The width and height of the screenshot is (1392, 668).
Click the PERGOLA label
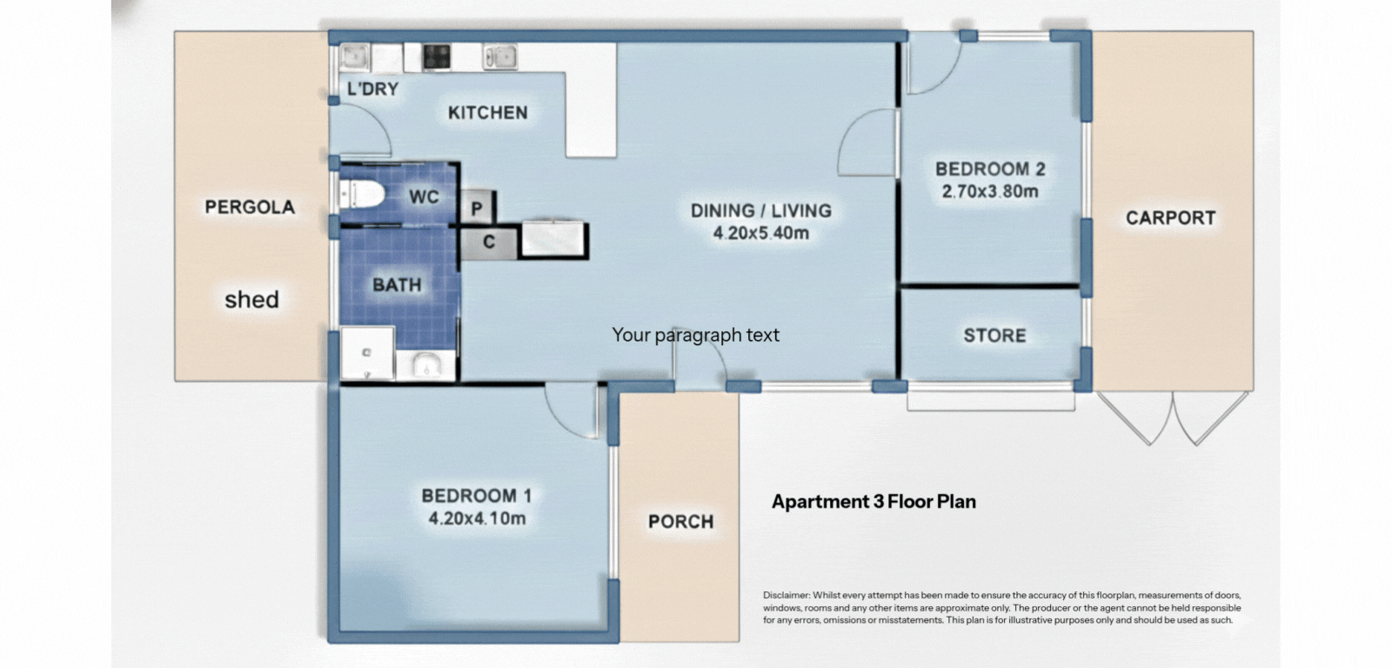pyautogui.click(x=250, y=207)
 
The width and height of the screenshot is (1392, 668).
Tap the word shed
pyautogui.click(x=251, y=300)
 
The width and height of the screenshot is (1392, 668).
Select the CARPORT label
pyautogui.click(x=1170, y=217)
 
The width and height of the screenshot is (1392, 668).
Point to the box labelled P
pyautogui.click(x=477, y=209)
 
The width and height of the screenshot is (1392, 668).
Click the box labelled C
pyautogui.click(x=489, y=242)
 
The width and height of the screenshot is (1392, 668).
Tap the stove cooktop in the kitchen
pyautogui.click(x=437, y=57)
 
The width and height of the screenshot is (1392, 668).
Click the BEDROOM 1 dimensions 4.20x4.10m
pyautogui.click(x=477, y=519)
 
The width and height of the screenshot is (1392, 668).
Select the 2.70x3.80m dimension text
pyautogui.click(x=990, y=191)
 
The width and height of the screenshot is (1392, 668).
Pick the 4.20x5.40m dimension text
pyautogui.click(x=760, y=233)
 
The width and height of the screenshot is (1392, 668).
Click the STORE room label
pyautogui.click(x=994, y=336)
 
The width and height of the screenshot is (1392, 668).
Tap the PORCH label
pyautogui.click(x=680, y=522)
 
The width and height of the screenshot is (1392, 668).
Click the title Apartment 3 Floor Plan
pyautogui.click(x=873, y=502)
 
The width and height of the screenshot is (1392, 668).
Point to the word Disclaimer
pyautogui.click(x=786, y=596)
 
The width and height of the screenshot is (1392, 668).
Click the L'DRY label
pyautogui.click(x=372, y=89)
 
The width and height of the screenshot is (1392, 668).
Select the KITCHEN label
pyautogui.click(x=487, y=112)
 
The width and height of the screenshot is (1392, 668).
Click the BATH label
pyautogui.click(x=397, y=284)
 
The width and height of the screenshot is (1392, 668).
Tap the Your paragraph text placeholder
pyautogui.click(x=695, y=335)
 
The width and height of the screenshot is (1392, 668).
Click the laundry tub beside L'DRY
pyautogui.click(x=357, y=58)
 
